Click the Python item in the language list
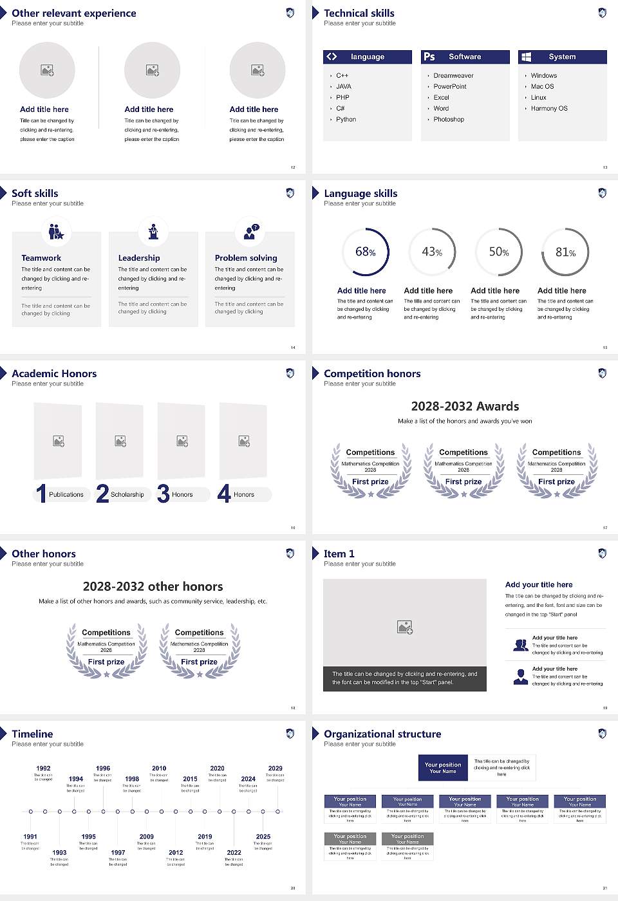[346, 119]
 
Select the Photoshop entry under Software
[449, 119]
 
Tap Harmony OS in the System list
[549, 108]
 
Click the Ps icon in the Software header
[429, 57]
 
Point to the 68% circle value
[365, 252]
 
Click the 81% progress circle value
[565, 252]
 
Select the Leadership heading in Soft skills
[139, 257]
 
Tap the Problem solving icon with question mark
[250, 232]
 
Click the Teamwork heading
[41, 257]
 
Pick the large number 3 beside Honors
[163, 494]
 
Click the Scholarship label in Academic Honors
[127, 494]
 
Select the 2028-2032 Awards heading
[465, 406]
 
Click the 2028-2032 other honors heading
[153, 586]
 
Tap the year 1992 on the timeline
[43, 768]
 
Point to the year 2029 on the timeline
[275, 768]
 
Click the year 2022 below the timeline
[234, 852]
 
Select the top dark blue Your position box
[443, 768]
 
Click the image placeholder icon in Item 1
[405, 626]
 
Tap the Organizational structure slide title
[382, 734]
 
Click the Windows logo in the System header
[526, 57]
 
